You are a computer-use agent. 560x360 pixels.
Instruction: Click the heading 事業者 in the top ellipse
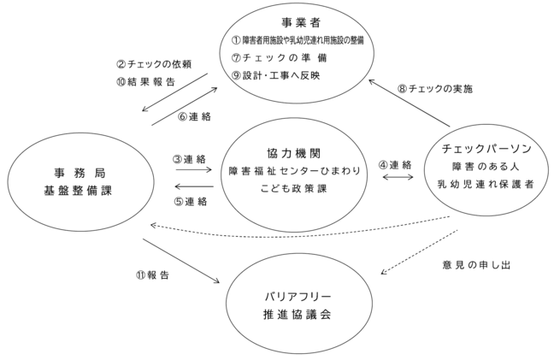(301, 23)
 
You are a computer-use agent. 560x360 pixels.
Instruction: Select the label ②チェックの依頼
(154, 64)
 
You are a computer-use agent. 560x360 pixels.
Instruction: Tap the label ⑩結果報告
(145, 82)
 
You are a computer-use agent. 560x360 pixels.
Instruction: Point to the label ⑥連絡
(195, 117)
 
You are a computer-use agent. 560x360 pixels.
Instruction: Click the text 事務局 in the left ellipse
(80, 174)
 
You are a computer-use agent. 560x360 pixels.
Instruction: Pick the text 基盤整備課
(78, 191)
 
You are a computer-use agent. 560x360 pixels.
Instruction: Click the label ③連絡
(189, 159)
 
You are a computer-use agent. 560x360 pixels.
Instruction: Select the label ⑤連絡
(191, 202)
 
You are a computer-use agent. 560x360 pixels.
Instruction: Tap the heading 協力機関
(293, 153)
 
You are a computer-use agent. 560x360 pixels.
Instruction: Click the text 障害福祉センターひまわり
(295, 171)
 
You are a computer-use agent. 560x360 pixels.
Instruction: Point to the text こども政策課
(293, 189)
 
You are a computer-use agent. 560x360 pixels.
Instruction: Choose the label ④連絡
(395, 165)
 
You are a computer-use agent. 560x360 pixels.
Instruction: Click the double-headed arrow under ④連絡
(398, 177)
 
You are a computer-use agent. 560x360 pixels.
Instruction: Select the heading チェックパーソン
(486, 149)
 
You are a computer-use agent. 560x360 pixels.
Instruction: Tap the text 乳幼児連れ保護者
(486, 185)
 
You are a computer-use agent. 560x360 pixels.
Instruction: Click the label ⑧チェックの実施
(435, 89)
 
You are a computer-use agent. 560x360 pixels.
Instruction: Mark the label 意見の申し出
(476, 265)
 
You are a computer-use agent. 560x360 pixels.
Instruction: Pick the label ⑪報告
(152, 275)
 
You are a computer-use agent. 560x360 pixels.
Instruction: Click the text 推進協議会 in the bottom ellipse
(298, 315)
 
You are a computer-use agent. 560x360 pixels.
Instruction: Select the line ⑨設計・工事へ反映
(275, 75)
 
